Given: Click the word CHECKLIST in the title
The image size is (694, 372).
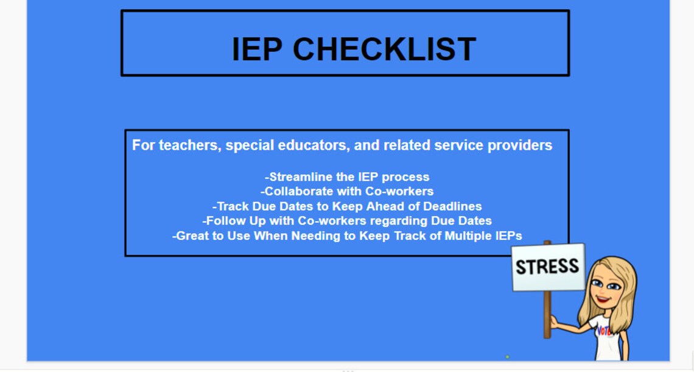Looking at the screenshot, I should tap(384, 49).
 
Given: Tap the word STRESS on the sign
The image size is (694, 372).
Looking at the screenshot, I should tap(547, 266).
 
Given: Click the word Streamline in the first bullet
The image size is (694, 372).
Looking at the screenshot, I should tap(302, 177).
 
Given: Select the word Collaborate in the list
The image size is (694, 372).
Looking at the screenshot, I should tap(299, 192).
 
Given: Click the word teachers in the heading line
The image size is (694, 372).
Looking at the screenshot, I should tap(188, 146).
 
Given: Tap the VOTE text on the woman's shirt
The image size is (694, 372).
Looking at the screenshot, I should tap(604, 331).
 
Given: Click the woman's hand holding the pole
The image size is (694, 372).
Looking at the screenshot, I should tap(554, 321).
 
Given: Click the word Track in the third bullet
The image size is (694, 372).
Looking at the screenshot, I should tap(232, 206).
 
